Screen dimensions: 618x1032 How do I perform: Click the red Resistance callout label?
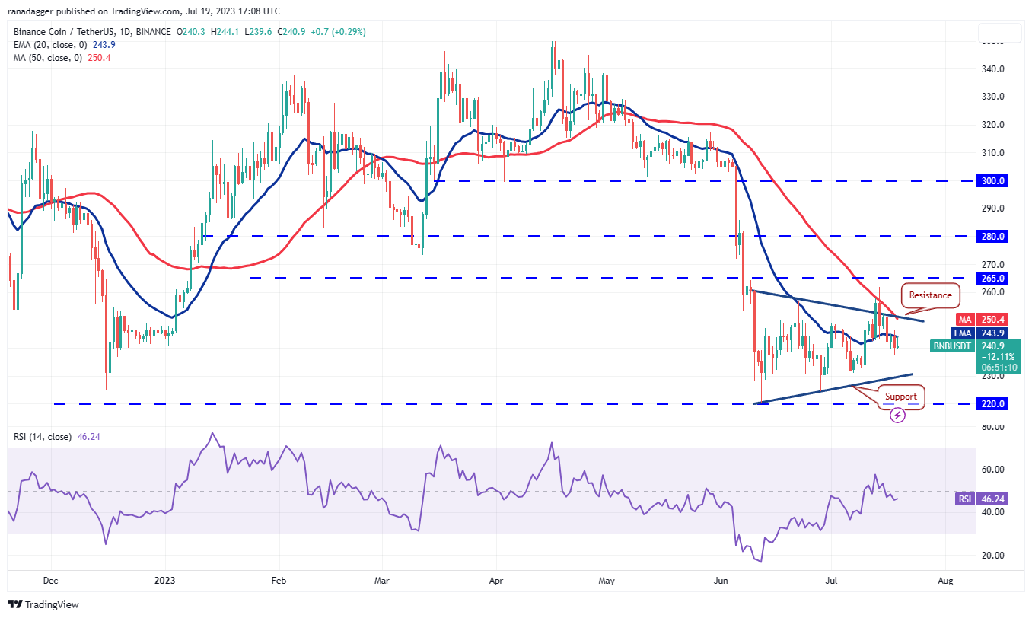[x=930, y=295]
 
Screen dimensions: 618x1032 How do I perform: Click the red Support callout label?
[x=900, y=397]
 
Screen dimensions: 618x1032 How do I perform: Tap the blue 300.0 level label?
[x=993, y=181]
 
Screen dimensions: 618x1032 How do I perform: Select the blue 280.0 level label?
[x=993, y=237]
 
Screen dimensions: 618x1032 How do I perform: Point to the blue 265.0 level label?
[x=993, y=279]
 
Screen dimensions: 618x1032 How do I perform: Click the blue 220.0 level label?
[x=993, y=404]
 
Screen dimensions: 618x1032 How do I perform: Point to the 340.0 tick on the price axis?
[x=993, y=69]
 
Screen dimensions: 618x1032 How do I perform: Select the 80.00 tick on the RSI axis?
[x=992, y=428]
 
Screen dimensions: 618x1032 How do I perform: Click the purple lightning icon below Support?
[x=898, y=416]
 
